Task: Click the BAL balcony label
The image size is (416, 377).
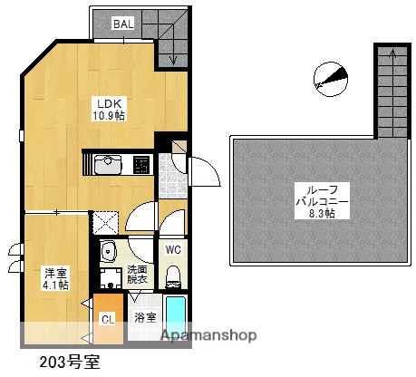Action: [x=123, y=24]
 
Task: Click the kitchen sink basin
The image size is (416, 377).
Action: [x=109, y=164]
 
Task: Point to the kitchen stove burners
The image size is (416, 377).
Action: [x=141, y=165]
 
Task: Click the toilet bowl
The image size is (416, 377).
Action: [x=174, y=273]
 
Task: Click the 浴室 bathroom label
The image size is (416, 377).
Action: [x=144, y=318]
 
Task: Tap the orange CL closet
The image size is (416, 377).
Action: [x=108, y=318]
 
